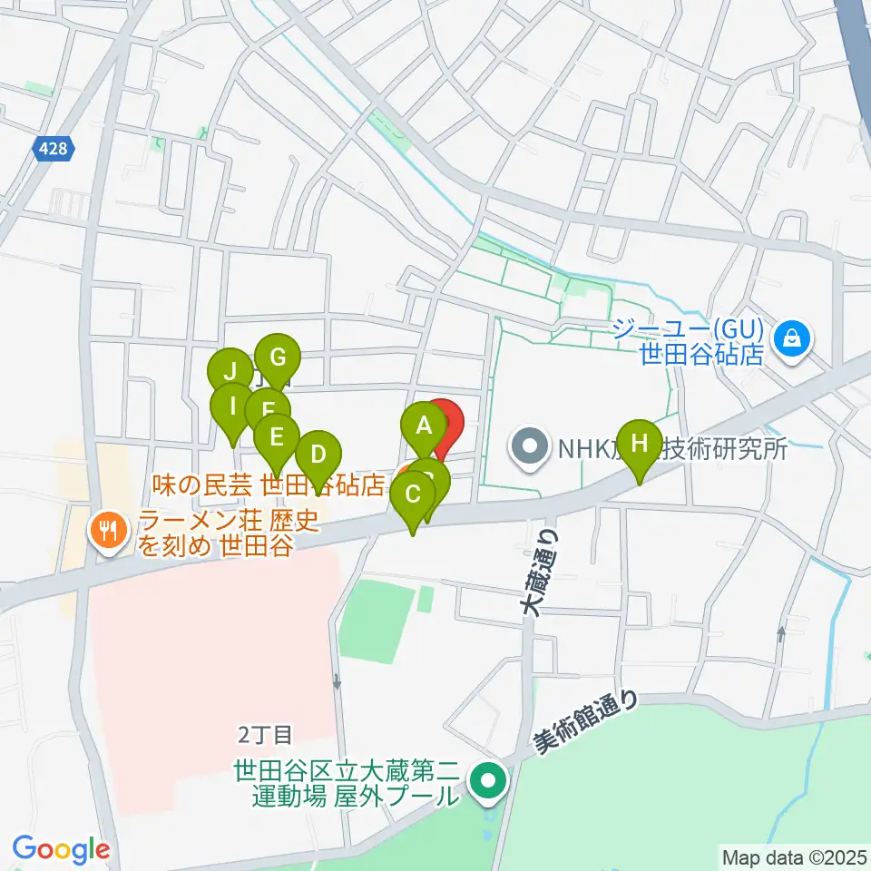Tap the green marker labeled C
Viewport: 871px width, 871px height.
(x=413, y=495)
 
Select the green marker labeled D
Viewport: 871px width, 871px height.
(x=318, y=453)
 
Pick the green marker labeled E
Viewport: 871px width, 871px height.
(x=277, y=435)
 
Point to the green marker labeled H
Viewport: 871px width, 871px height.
(x=641, y=444)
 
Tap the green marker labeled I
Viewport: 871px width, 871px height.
(x=233, y=406)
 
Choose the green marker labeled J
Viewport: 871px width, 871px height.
(x=230, y=371)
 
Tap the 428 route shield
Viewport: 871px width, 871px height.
(x=54, y=149)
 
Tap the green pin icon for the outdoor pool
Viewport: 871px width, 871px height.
(x=488, y=782)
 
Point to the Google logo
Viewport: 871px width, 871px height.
(x=61, y=849)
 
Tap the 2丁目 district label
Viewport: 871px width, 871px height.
(x=265, y=731)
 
